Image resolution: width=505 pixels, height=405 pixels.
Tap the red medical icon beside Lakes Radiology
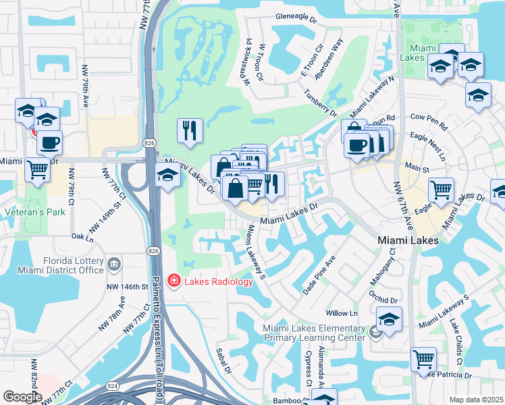click(x=174, y=279)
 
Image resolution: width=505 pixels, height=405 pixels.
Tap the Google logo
click(x=22, y=396)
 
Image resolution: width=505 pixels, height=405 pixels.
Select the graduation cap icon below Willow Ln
click(x=389, y=319)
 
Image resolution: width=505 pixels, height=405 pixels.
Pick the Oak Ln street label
click(x=82, y=238)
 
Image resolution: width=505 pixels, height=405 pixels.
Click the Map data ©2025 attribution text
click(x=475, y=399)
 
